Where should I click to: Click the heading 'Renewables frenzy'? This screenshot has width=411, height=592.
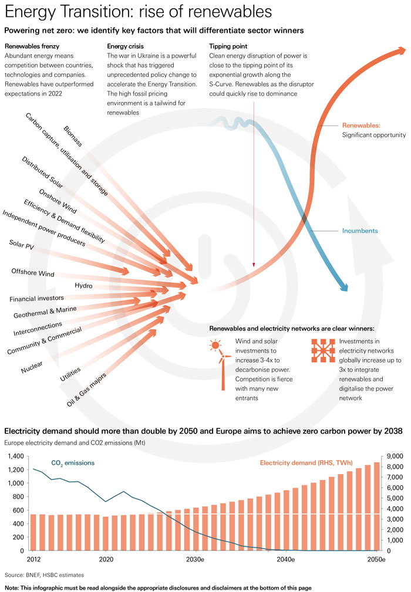32,46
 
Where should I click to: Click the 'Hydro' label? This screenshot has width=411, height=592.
84,286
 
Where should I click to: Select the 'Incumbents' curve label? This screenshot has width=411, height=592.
360,231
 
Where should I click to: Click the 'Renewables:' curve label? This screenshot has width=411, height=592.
362,126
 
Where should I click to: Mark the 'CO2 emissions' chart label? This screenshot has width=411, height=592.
73,447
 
